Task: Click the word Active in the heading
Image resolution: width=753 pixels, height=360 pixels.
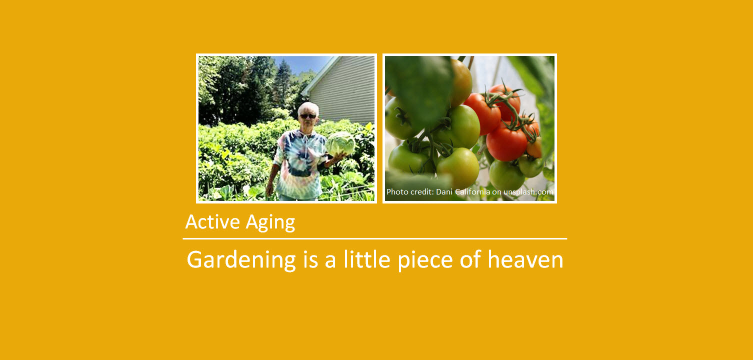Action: point(209,221)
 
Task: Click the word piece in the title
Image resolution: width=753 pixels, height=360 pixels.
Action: point(425,260)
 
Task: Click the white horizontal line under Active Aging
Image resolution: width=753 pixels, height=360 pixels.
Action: point(375,239)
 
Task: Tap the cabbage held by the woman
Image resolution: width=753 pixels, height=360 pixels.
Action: point(340,143)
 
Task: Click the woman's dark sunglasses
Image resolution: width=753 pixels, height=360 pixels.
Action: point(307,116)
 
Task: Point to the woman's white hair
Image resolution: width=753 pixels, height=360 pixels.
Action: point(308,107)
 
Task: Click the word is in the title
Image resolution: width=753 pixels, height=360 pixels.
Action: point(310,259)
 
